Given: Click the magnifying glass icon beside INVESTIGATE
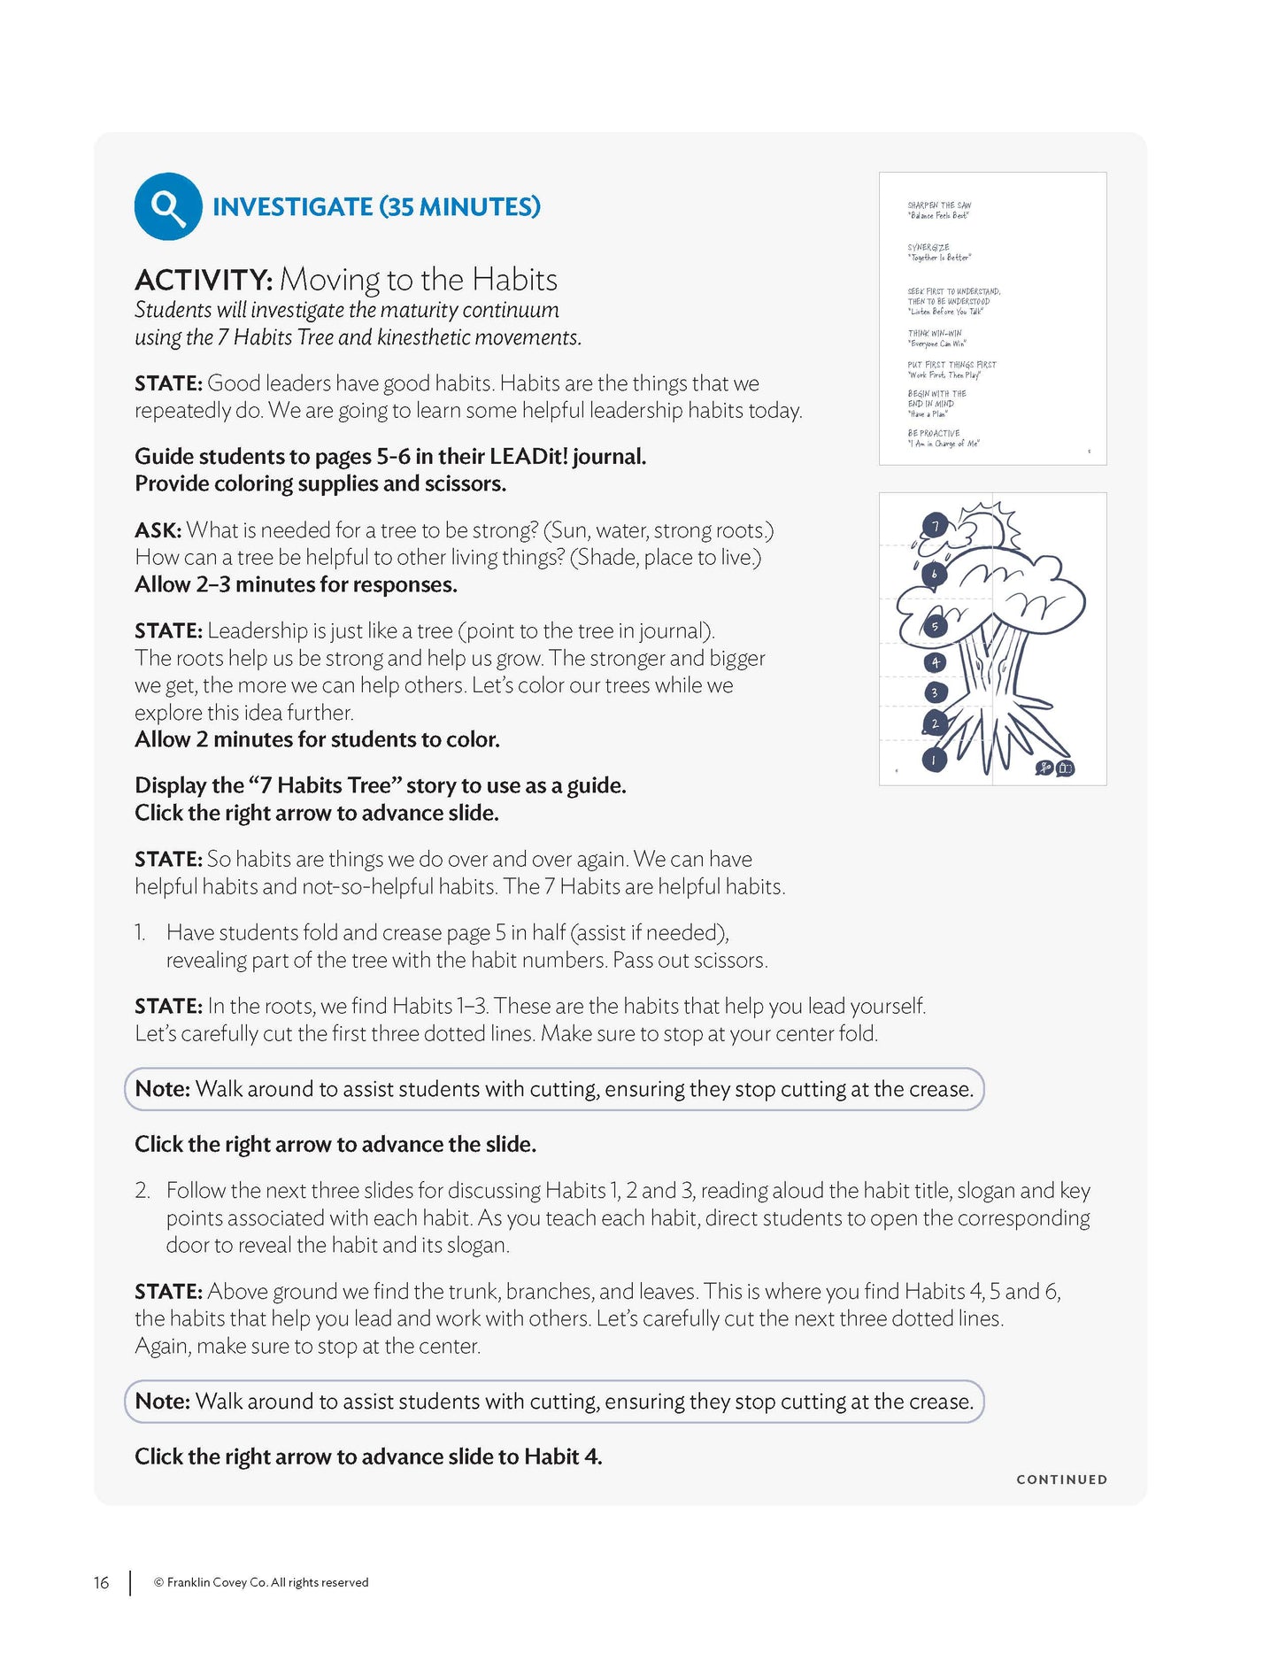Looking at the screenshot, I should pyautogui.click(x=167, y=206).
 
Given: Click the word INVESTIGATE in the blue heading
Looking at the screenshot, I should pyautogui.click(x=293, y=207).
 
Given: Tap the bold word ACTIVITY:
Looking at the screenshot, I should pyautogui.click(x=204, y=281).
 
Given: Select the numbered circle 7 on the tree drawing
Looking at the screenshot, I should pyautogui.click(x=935, y=527).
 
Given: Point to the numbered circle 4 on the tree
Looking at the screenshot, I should pyautogui.click(x=935, y=662).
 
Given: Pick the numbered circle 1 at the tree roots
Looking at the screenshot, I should pyautogui.click(x=934, y=760).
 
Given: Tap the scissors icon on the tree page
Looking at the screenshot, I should pyautogui.click(x=1044, y=769).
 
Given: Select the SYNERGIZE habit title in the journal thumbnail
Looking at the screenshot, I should pyautogui.click(x=928, y=248).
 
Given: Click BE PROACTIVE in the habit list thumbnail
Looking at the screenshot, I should pyautogui.click(x=934, y=434).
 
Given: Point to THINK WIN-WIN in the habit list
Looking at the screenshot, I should pyautogui.click(x=935, y=334).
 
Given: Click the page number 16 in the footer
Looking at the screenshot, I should pyautogui.click(x=102, y=1582).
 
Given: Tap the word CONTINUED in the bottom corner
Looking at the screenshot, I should pyautogui.click(x=1061, y=1479).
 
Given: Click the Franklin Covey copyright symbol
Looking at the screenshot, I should pyautogui.click(x=159, y=1583).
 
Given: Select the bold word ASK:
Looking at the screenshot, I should pyautogui.click(x=158, y=530).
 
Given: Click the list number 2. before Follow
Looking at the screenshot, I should pyautogui.click(x=143, y=1191).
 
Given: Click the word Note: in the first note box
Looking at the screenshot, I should pyautogui.click(x=163, y=1089).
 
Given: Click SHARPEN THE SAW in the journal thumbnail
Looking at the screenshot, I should pyautogui.click(x=939, y=205).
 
